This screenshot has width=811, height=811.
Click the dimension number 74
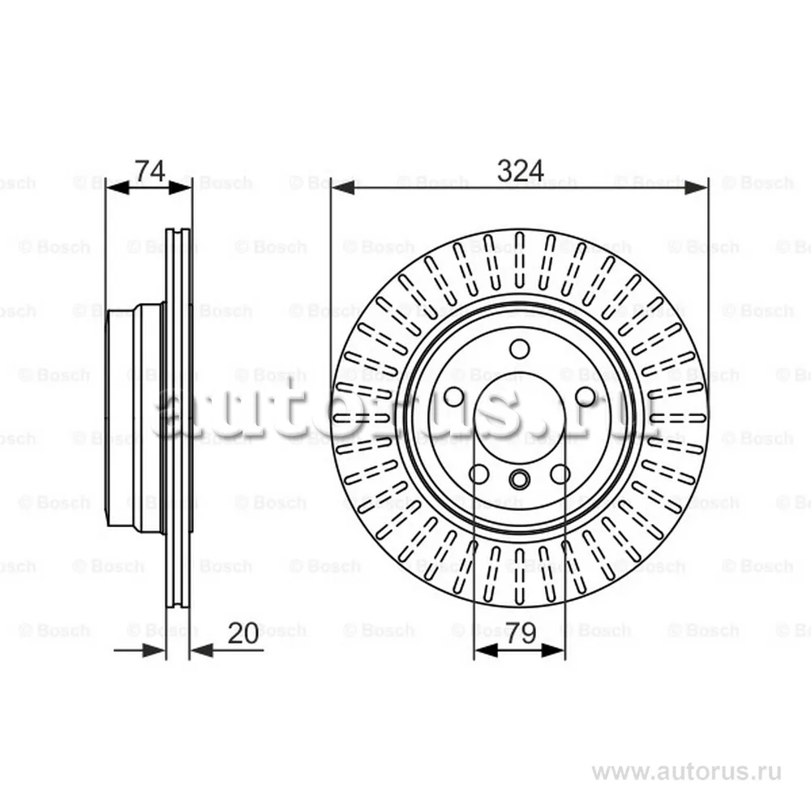coord(149,170)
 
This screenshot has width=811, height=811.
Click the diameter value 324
coord(520,170)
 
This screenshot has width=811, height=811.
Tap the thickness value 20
coord(243,633)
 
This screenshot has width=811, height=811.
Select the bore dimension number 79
coord(521,633)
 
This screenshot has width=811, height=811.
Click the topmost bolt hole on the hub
coord(519,349)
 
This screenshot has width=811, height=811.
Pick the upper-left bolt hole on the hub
coord(453,397)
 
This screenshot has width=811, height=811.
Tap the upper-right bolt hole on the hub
coord(586,397)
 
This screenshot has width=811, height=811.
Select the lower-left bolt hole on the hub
coord(479,474)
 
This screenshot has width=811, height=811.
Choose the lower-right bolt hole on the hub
coord(560,474)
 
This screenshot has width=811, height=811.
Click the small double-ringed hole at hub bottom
coord(519,479)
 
